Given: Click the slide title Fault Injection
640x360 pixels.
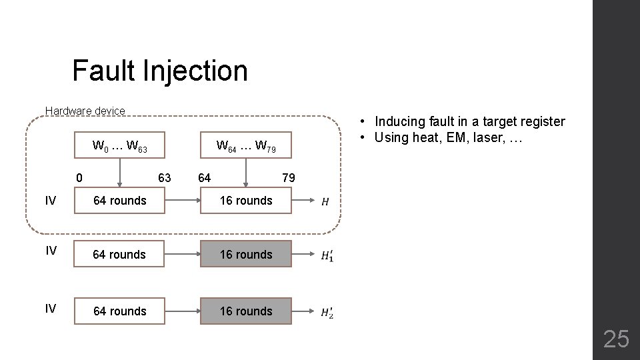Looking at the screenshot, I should click(159, 71).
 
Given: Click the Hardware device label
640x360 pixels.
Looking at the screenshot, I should click(85, 111).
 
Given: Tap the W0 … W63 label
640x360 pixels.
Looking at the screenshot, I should click(120, 146).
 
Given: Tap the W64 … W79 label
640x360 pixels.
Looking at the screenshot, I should click(246, 146).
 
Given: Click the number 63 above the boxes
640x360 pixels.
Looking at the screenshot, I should click(164, 177).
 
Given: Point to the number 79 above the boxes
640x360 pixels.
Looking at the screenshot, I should click(288, 177).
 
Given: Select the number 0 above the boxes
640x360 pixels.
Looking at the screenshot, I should click(79, 177).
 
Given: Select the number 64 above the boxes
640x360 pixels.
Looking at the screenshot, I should click(205, 177).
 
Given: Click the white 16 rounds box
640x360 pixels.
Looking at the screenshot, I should click(246, 200).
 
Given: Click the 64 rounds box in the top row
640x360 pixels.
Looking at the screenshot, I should click(119, 200).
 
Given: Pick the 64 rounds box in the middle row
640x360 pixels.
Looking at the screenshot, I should click(119, 254).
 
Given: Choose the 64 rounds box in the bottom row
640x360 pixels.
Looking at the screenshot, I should click(119, 311).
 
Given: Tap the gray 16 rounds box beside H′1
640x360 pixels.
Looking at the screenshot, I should click(246, 254).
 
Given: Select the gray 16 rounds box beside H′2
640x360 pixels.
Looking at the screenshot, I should click(246, 311).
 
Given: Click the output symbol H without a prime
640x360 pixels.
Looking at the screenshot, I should click(325, 201).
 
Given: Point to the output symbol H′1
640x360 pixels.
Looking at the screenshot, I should click(327, 255).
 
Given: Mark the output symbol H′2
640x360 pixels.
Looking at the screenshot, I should click(327, 312).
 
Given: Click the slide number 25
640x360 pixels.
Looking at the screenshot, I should click(615, 339).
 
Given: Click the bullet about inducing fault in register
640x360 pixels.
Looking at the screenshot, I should click(469, 121).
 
